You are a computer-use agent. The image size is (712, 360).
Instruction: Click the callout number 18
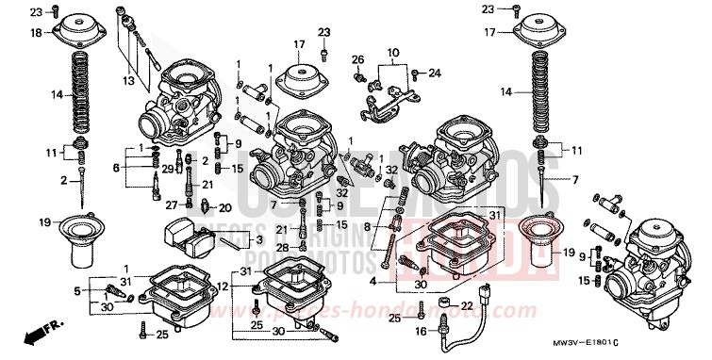(x=36, y=33)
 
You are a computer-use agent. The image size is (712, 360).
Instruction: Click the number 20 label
(x=224, y=207)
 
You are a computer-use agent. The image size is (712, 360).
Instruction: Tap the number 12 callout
(x=224, y=286)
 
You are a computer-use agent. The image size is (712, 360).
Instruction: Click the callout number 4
(x=373, y=281)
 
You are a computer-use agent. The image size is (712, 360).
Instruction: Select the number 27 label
(x=172, y=204)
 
